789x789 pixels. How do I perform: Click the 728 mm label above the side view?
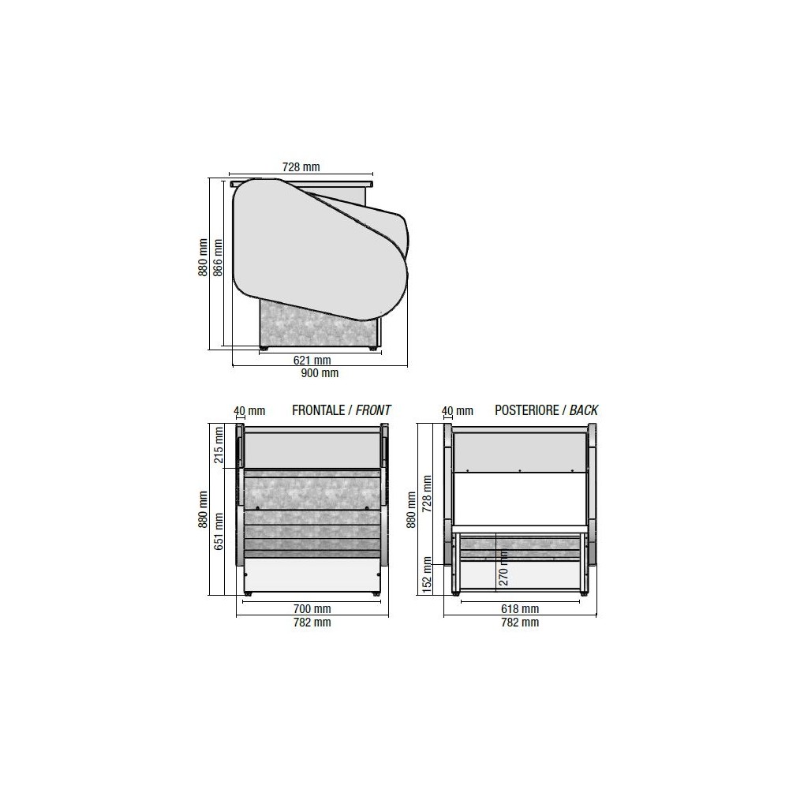301,166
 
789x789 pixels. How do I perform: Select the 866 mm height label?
218,258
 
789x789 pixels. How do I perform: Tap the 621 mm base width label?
312,361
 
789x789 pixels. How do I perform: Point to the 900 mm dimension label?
320,373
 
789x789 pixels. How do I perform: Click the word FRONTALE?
319,410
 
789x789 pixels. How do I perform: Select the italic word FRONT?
373,410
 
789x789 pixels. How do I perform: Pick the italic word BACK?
584,410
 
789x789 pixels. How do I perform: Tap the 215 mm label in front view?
219,445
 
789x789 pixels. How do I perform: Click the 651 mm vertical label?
219,531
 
